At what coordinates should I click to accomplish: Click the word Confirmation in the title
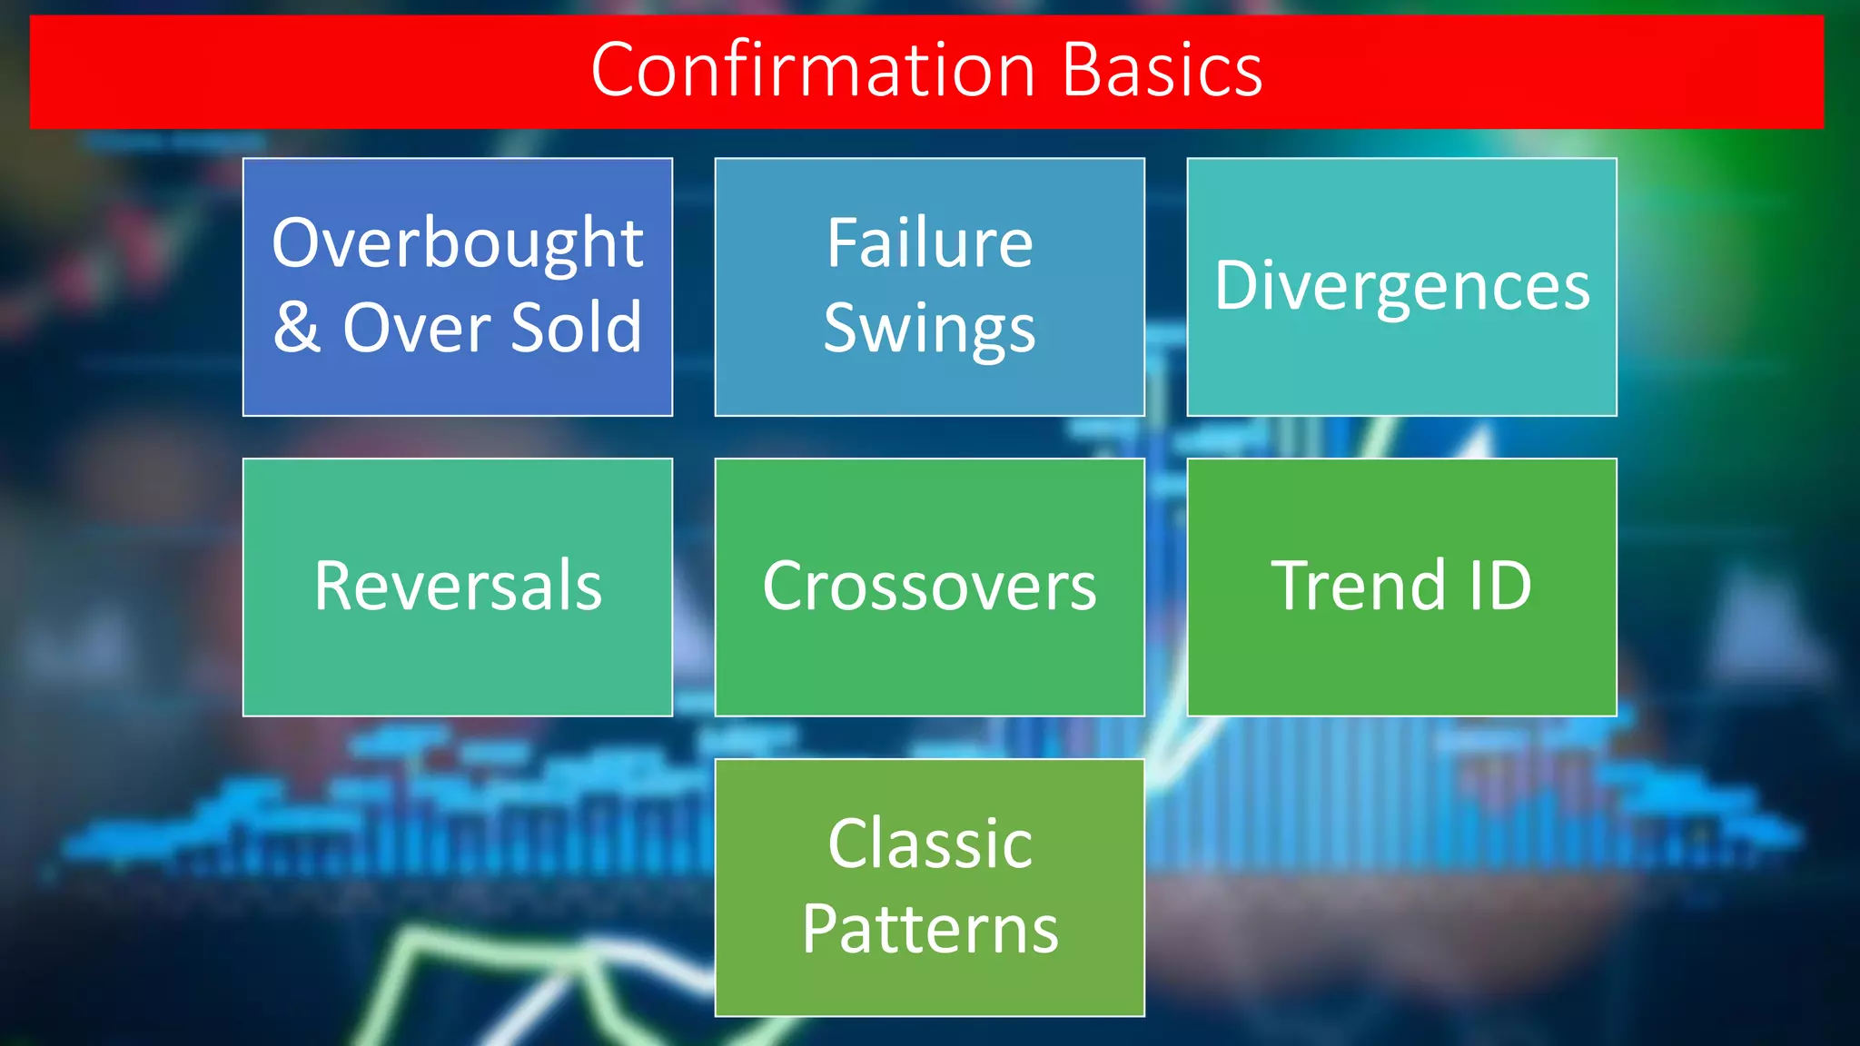pyautogui.click(x=813, y=70)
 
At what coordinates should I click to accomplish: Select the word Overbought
pyautogui.click(x=458, y=244)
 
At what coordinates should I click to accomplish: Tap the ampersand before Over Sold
pyautogui.click(x=297, y=328)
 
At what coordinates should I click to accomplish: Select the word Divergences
pyautogui.click(x=1402, y=286)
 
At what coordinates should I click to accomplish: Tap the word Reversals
pyautogui.click(x=458, y=587)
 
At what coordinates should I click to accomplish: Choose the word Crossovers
pyautogui.click(x=929, y=587)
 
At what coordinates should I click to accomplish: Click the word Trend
pyautogui.click(x=1358, y=587)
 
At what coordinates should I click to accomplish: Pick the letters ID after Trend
pyautogui.click(x=1499, y=587)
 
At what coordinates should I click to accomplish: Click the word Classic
pyautogui.click(x=929, y=844)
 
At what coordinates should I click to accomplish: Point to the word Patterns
pyautogui.click(x=929, y=930)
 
